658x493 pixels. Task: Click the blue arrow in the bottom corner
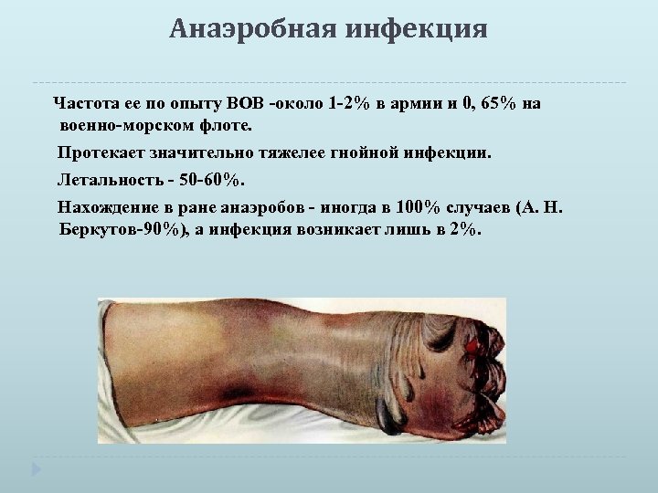(x=35, y=469)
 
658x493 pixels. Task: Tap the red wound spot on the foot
(x=472, y=346)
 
